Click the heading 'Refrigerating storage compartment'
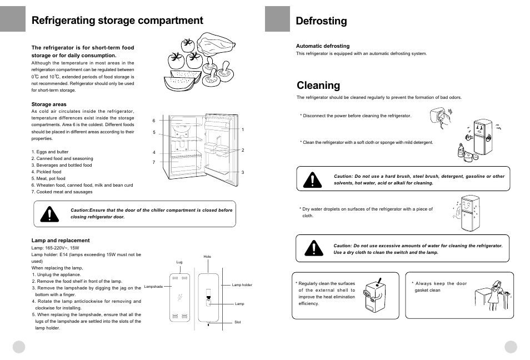(117, 21)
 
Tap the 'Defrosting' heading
(321, 21)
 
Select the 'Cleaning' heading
(318, 85)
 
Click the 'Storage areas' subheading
(49, 104)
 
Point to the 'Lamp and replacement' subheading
(61, 241)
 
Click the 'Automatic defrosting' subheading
(323, 46)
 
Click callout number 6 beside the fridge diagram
(154, 121)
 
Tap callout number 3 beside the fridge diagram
(243, 172)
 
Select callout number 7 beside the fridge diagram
(154, 162)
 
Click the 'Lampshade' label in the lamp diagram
(153, 286)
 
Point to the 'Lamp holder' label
(242, 285)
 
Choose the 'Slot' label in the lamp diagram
(237, 322)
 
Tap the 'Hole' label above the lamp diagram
(207, 257)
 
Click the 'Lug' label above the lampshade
(179, 262)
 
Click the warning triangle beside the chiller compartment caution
(49, 214)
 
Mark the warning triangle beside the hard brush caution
(313, 179)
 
